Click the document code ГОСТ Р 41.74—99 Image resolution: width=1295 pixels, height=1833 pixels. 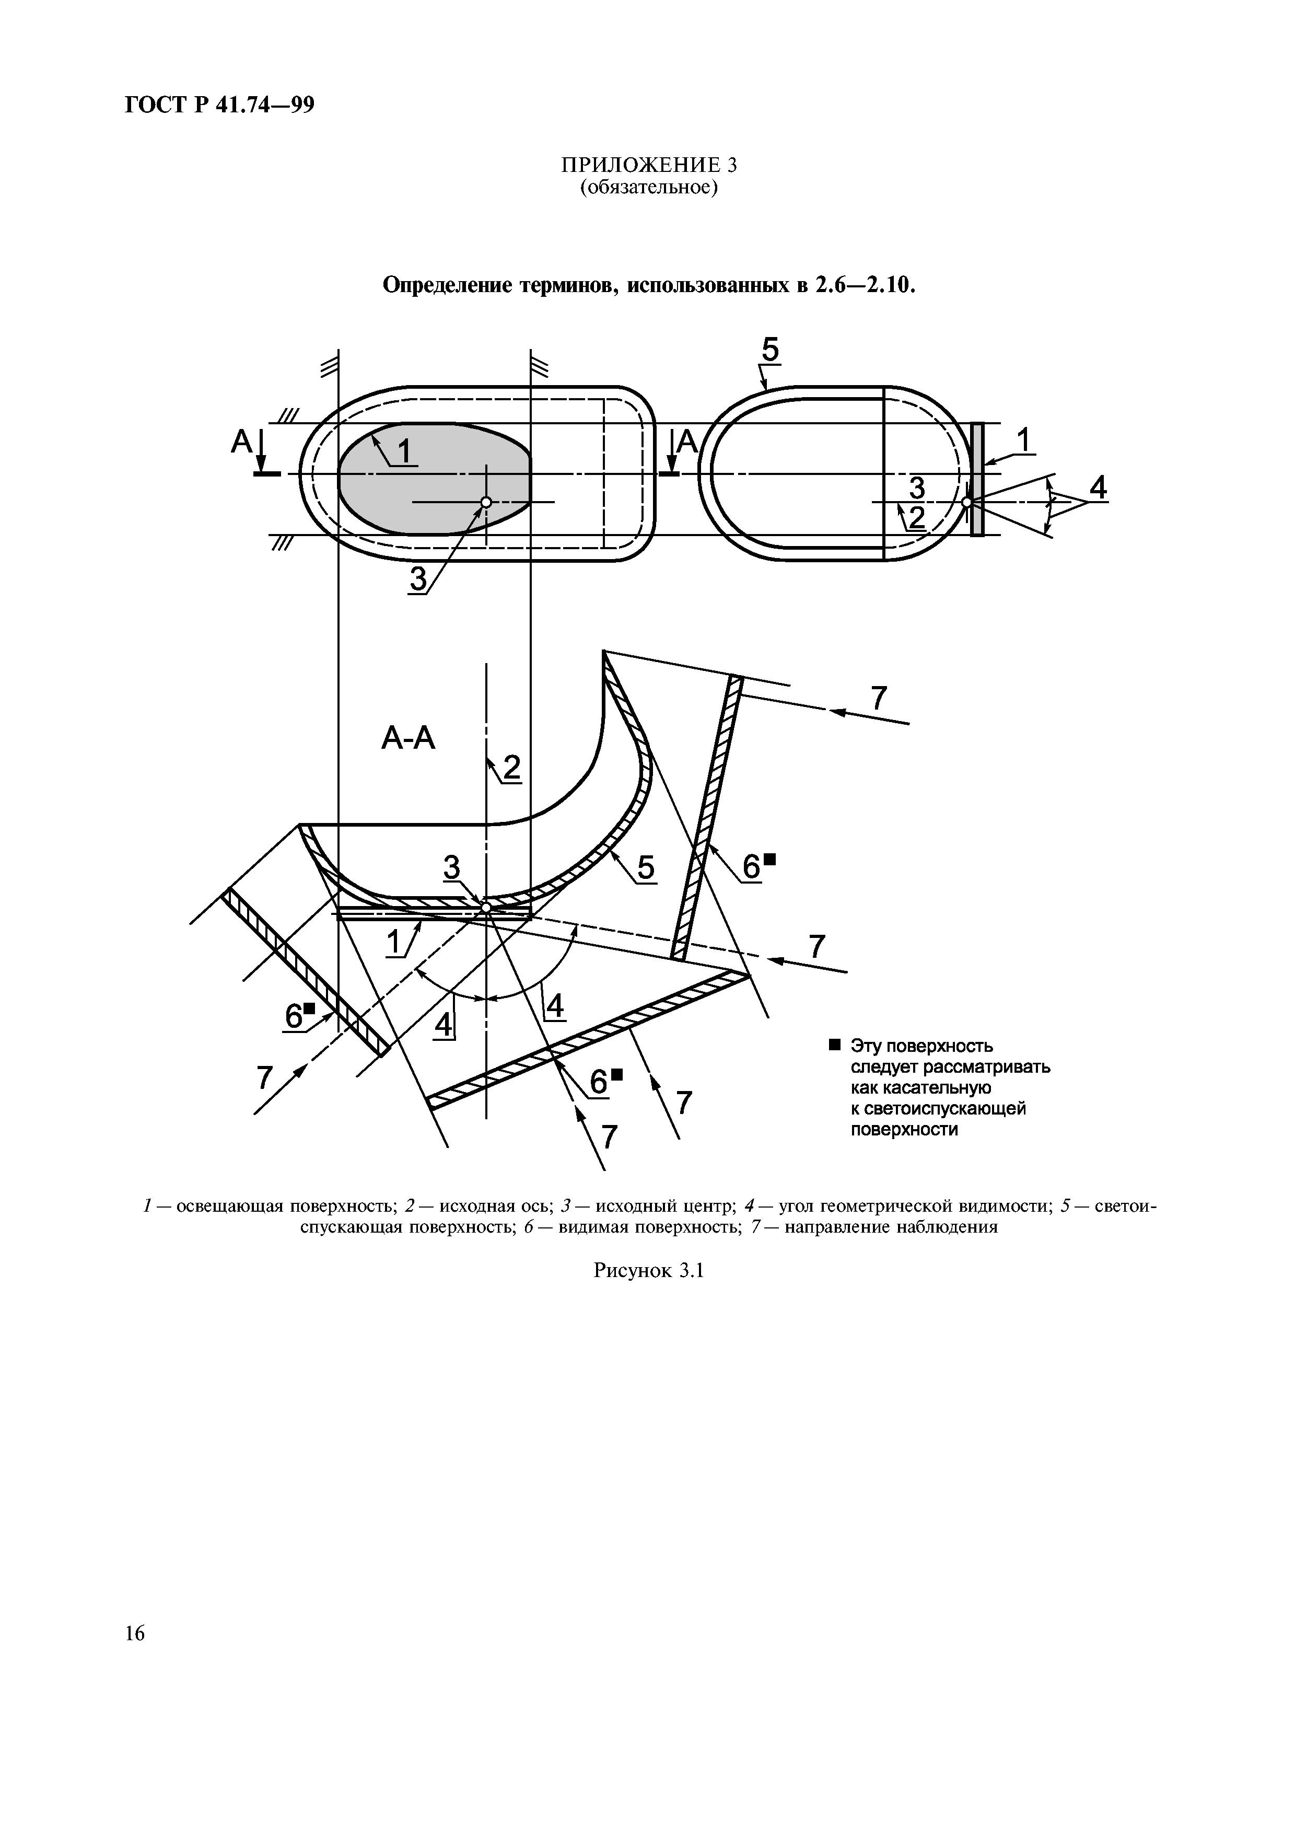pyautogui.click(x=219, y=105)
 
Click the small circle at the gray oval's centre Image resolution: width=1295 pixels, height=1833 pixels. pyautogui.click(x=486, y=502)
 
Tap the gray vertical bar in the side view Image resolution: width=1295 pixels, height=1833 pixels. pyautogui.click(x=977, y=479)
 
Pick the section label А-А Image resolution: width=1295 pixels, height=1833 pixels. pyautogui.click(x=408, y=739)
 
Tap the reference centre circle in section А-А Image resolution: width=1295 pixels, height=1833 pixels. pyautogui.click(x=485, y=907)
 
